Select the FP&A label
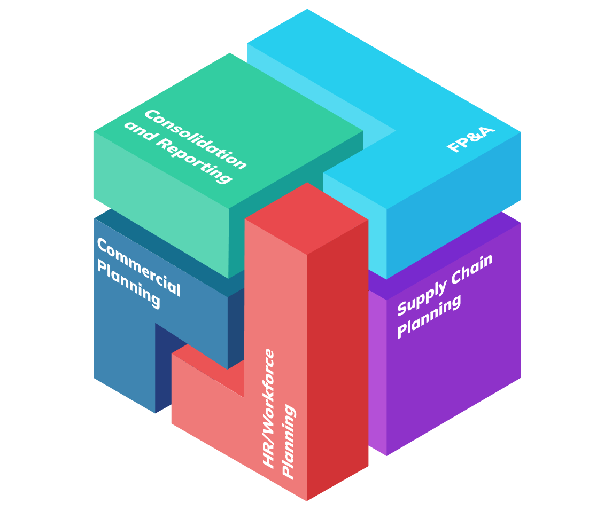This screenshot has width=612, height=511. coord(471,139)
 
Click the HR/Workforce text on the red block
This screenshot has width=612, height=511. coord(269,408)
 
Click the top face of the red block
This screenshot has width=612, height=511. coord(307,218)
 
